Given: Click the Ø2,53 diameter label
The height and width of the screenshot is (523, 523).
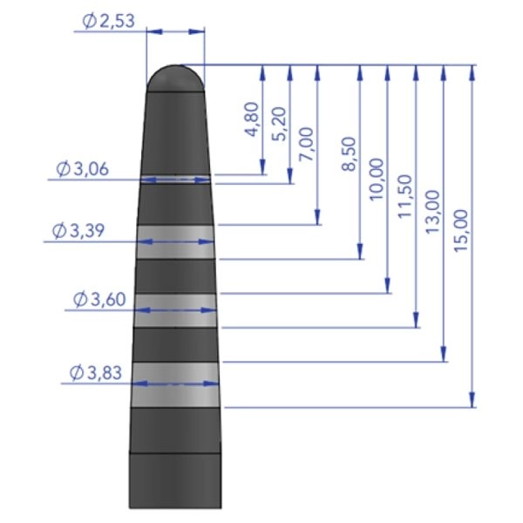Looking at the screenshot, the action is pos(109,21).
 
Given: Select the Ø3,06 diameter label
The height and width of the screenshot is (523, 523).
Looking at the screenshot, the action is pos(83,169).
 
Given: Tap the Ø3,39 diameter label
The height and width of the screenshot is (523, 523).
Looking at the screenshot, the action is pos(78,230).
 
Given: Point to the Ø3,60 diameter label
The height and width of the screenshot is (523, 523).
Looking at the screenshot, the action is pos(99,299).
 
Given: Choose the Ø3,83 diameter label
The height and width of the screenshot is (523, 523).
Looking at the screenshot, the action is pos(96,372).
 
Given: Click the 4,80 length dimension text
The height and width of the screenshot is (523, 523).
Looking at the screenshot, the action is pos(252,119).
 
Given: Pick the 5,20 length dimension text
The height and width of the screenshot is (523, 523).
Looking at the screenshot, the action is pos(280,124).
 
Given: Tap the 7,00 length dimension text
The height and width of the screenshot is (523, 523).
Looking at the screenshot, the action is pos(307,144).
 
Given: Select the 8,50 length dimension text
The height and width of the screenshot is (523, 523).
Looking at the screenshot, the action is pos(350,154).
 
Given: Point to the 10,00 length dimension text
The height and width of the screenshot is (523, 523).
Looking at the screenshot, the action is pos(377,180).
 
